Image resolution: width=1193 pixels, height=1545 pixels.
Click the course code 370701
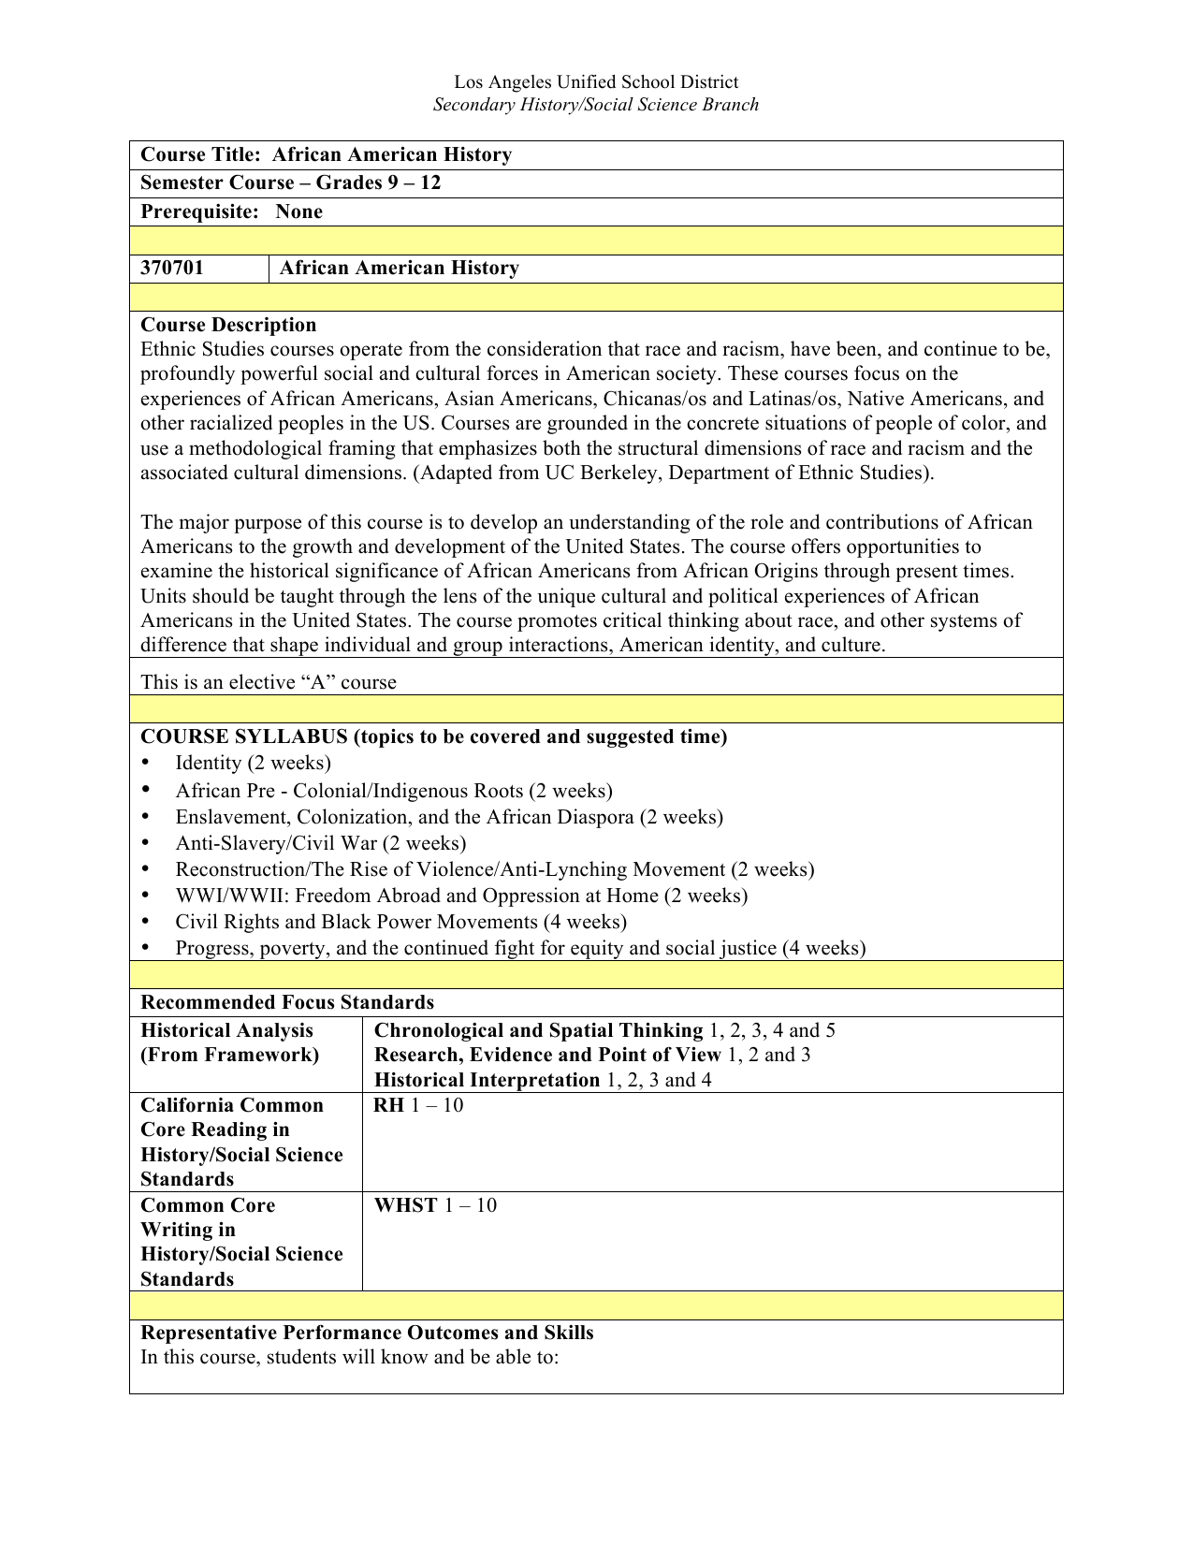pyautogui.click(x=172, y=269)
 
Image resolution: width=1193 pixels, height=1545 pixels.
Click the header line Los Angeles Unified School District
pyautogui.click(x=596, y=82)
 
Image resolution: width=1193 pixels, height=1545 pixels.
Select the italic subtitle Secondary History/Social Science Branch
pyautogui.click(x=596, y=105)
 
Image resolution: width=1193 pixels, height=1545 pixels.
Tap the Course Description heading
pyautogui.click(x=228, y=325)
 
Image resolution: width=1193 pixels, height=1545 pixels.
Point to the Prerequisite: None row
pyautogui.click(x=231, y=211)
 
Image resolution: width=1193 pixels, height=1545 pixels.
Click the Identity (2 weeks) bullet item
pyautogui.click(x=253, y=763)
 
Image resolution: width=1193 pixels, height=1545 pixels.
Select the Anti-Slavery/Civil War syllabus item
pyautogui.click(x=320, y=843)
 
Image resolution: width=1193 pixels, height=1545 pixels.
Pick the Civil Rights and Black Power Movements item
pyautogui.click(x=400, y=922)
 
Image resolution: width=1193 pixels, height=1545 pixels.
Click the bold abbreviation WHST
pyautogui.click(x=405, y=1205)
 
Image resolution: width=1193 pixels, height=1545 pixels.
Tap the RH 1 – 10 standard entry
pyautogui.click(x=418, y=1105)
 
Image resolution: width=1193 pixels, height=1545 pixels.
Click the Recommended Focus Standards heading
pyautogui.click(x=287, y=1002)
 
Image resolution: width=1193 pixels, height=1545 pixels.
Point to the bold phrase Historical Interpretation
pyautogui.click(x=487, y=1080)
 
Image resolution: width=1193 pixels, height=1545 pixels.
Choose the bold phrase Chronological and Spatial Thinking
pyautogui.click(x=538, y=1030)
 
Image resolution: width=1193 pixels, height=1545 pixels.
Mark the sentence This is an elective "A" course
pyautogui.click(x=269, y=682)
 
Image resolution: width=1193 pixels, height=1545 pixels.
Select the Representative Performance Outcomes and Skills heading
pyautogui.click(x=367, y=1333)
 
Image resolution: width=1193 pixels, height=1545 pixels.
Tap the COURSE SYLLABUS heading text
pyautogui.click(x=433, y=736)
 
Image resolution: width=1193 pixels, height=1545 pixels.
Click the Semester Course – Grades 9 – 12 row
pyautogui.click(x=290, y=182)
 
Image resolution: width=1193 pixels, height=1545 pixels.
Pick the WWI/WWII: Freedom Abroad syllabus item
pyautogui.click(x=461, y=896)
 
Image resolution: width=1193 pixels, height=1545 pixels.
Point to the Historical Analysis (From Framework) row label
pyautogui.click(x=229, y=1042)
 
